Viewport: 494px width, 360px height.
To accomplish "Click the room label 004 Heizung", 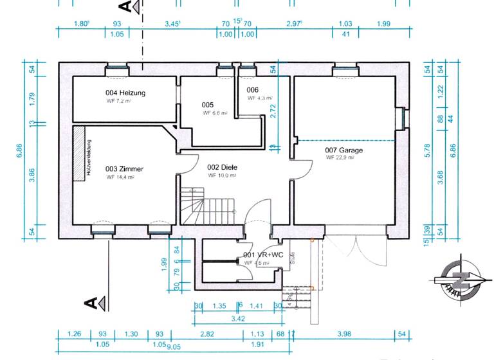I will [125, 93].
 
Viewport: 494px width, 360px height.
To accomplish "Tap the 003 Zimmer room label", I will [124, 169].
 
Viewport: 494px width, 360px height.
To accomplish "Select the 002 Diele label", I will [223, 166].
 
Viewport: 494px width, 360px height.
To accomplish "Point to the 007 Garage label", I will [344, 150].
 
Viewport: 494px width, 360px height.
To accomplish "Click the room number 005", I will [207, 105].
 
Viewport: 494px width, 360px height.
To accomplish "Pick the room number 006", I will [252, 90].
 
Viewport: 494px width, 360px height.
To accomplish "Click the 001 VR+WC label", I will [263, 255].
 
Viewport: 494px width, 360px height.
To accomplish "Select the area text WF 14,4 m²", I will [120, 177].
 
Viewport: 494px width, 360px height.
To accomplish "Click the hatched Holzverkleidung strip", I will [79, 152].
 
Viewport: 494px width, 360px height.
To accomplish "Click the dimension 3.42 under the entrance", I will [237, 318].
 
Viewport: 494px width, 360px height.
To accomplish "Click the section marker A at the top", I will [126, 6].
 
